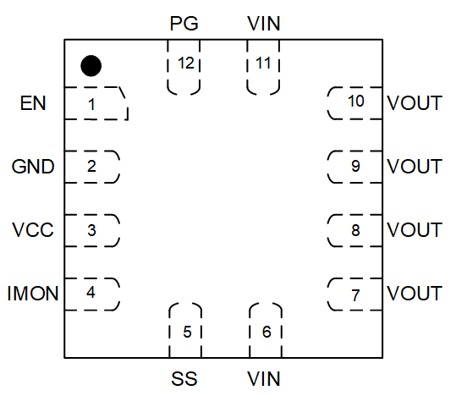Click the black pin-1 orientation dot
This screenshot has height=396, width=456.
91,66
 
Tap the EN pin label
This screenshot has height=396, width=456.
33,103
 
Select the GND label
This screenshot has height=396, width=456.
33,167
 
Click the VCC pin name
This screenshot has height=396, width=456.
33,230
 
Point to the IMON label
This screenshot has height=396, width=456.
33,294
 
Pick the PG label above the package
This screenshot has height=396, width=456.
184,24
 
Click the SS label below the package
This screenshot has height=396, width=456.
184,379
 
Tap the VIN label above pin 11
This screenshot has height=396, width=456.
264,24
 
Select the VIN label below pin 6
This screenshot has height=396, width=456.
264,379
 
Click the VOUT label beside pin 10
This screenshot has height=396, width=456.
415,103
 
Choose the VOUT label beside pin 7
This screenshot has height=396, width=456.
415,294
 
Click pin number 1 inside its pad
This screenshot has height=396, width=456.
91,104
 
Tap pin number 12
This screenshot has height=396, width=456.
186,63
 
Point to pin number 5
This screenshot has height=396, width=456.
187,332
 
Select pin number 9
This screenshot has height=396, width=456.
355,166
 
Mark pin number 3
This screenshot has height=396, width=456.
91,230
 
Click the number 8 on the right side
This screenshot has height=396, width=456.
355,230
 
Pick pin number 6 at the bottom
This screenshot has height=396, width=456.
266,332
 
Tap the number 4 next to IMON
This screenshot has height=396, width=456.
91,292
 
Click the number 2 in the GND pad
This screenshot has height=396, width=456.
91,166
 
